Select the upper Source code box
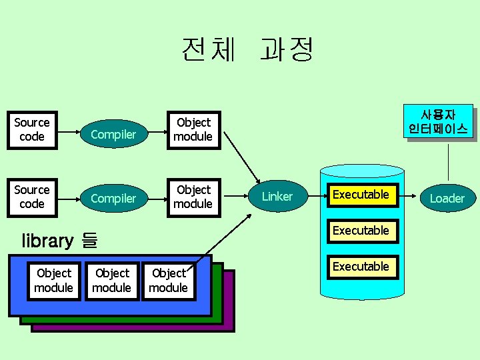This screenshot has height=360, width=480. (x=32, y=130)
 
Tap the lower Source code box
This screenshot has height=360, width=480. (x=32, y=197)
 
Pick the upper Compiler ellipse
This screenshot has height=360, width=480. (x=113, y=135)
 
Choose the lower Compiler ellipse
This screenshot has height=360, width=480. (x=113, y=199)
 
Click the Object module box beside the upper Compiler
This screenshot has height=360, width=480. (x=193, y=130)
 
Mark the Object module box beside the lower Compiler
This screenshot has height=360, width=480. (x=193, y=197)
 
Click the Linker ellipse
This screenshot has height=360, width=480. (x=277, y=197)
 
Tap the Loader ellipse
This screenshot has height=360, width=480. (x=447, y=199)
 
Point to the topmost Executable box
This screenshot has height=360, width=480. (x=361, y=195)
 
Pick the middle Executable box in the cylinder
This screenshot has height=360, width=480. (x=361, y=231)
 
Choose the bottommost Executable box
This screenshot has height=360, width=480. (x=361, y=267)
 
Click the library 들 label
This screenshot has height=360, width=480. (x=59, y=241)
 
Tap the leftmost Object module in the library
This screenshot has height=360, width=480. (x=53, y=281)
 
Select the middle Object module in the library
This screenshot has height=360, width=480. (x=111, y=281)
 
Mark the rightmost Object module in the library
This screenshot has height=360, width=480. (x=168, y=281)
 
